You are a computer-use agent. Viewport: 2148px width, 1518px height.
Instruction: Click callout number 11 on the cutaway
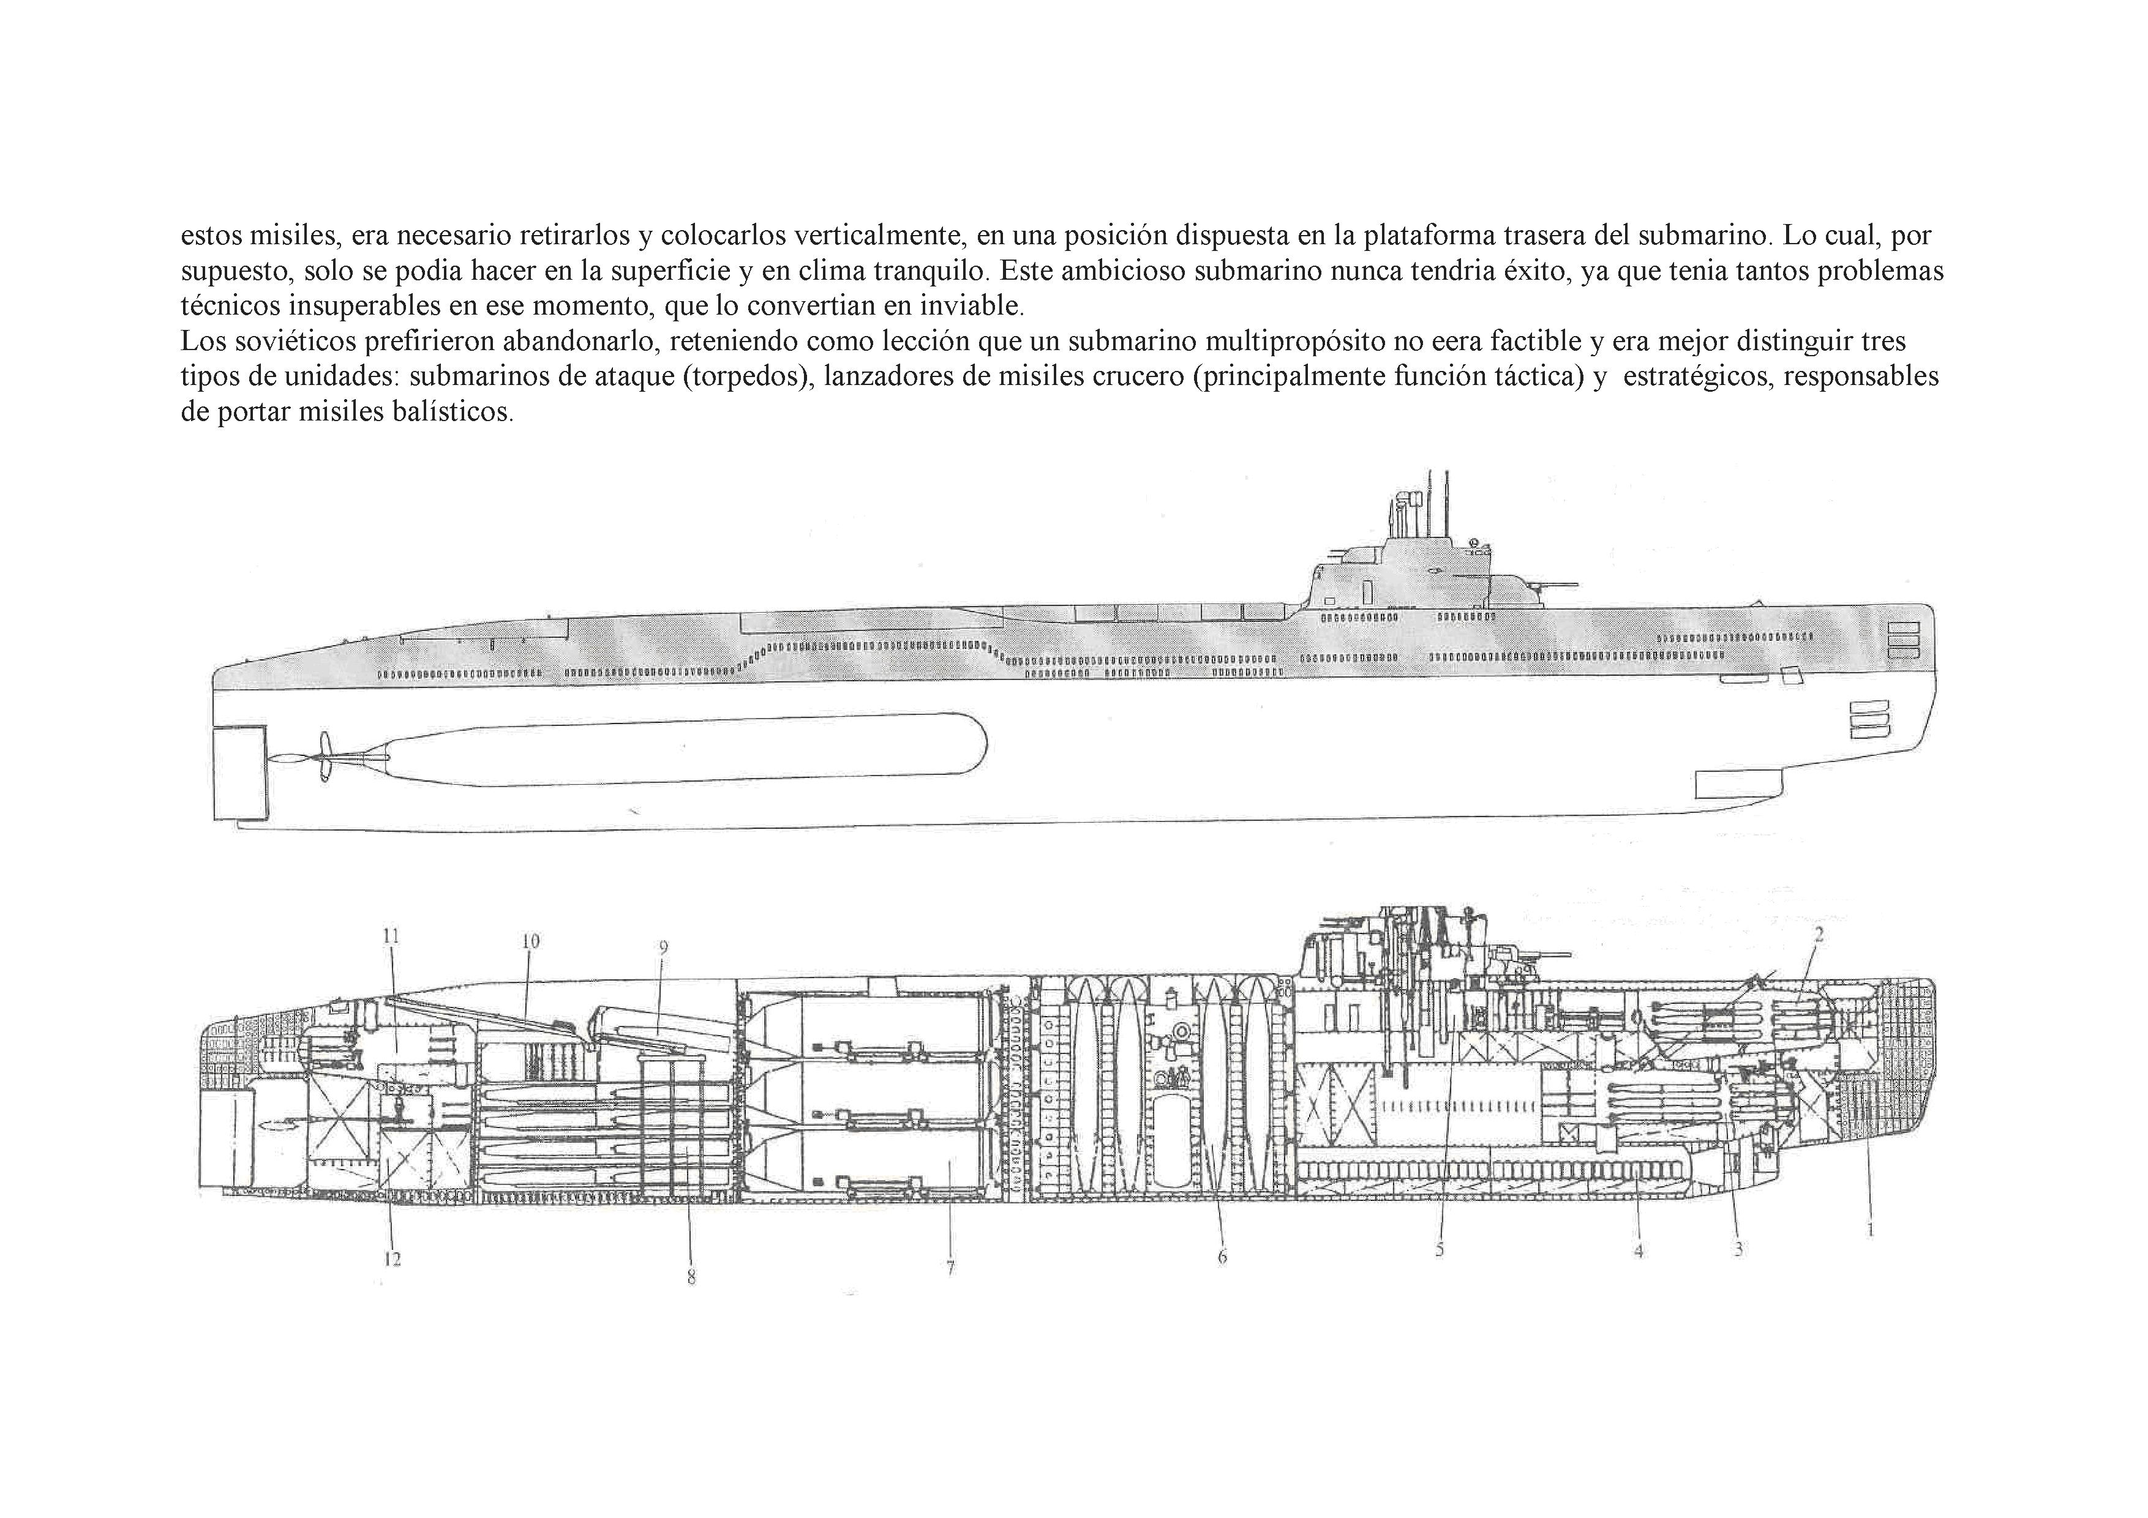(x=391, y=935)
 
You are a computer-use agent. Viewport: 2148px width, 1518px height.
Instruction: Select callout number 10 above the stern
(x=530, y=942)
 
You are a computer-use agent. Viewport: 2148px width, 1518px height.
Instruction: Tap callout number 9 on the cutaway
(x=663, y=948)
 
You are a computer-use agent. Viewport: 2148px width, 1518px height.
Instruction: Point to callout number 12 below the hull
(x=392, y=1259)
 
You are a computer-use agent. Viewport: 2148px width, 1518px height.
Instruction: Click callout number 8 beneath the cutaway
(x=691, y=1277)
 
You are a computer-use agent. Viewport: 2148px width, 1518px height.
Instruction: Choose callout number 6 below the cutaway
(x=1222, y=1257)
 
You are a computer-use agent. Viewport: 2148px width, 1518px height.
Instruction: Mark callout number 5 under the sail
(x=1440, y=1249)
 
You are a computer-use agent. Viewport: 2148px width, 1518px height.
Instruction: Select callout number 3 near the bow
(x=1738, y=1249)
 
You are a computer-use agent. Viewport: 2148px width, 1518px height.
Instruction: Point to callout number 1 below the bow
(x=1870, y=1230)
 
